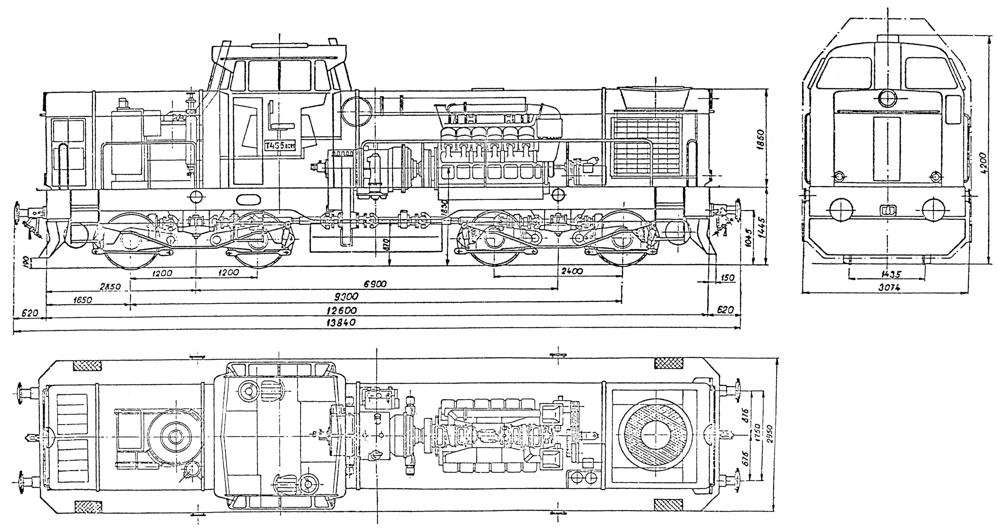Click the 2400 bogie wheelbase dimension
[x=571, y=271]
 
